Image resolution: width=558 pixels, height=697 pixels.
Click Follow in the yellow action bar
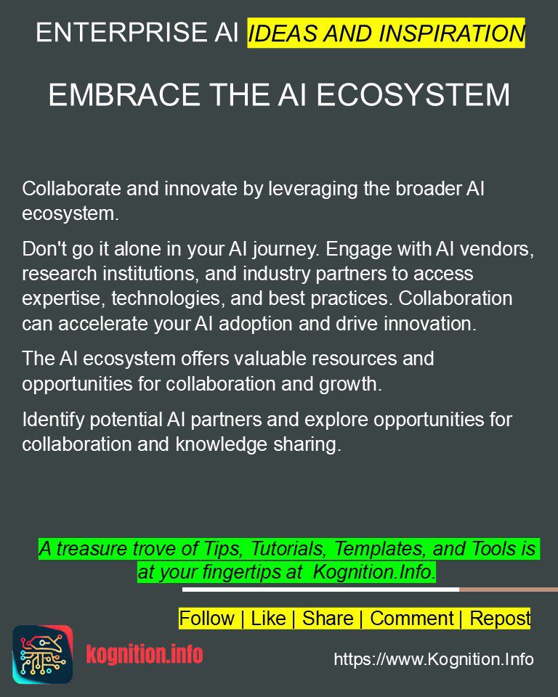pos(206,619)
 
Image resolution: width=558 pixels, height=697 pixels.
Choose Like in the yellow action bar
pos(268,619)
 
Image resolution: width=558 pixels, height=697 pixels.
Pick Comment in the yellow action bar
pos(411,619)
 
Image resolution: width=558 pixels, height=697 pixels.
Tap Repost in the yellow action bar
pos(500,619)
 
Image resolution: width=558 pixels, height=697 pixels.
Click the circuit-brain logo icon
pos(42,655)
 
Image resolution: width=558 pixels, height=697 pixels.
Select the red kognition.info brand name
pos(144,655)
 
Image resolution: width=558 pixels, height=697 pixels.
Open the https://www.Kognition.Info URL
pos(434,659)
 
